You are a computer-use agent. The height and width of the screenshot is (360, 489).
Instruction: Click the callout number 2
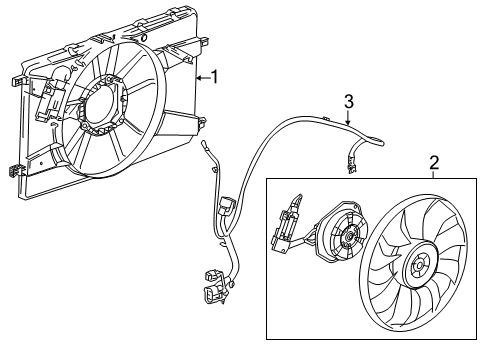point(433,162)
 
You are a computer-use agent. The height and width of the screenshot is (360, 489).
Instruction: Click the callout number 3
point(348,101)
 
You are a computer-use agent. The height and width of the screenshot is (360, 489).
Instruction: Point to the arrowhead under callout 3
point(347,125)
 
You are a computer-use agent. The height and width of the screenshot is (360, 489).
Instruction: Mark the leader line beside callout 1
point(201,76)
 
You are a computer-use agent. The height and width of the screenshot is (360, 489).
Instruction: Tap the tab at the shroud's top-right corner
point(205,42)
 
